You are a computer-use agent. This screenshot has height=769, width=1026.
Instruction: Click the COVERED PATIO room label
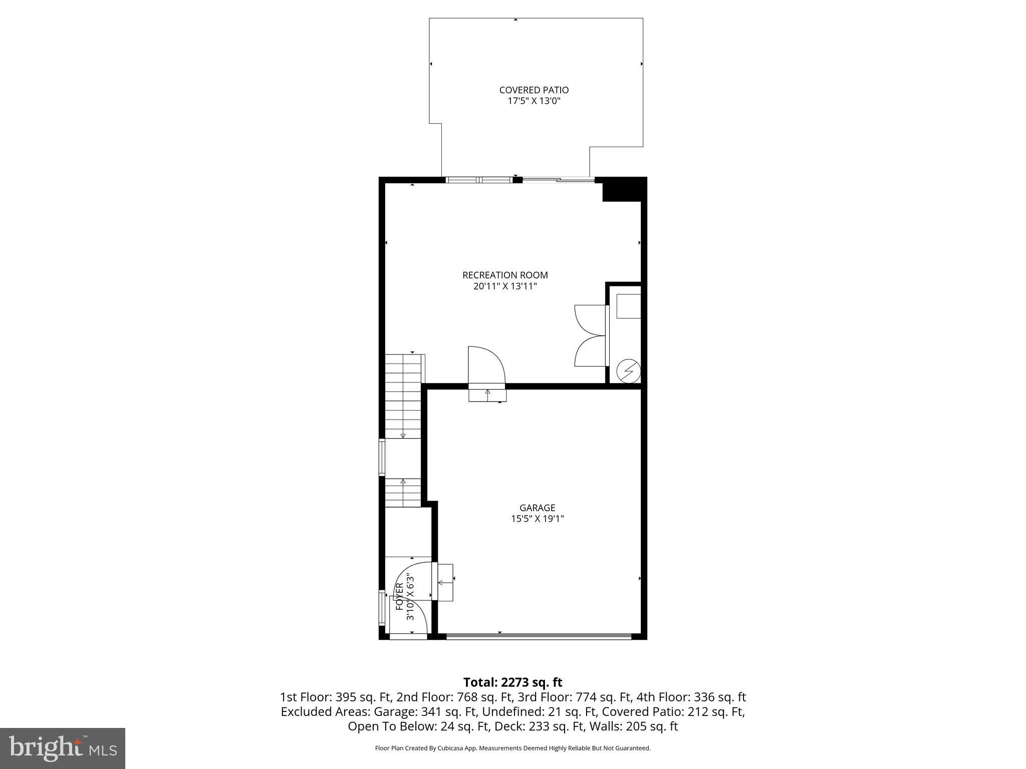point(534,90)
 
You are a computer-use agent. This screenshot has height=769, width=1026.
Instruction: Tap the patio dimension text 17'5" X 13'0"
point(534,101)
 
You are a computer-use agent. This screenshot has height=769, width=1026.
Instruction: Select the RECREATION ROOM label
point(505,275)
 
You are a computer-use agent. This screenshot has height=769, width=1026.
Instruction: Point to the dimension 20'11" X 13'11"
point(505,286)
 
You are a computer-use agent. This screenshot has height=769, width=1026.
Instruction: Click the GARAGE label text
point(537,508)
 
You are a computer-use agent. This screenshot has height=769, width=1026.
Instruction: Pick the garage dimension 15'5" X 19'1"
point(537,519)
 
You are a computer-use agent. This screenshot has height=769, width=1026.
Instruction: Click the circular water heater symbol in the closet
point(628,370)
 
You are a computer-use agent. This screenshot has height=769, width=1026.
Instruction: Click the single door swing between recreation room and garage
point(485,364)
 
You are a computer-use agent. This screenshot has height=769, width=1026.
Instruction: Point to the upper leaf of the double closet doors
point(590,319)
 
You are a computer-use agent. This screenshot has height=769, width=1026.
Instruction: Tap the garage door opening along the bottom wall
point(539,637)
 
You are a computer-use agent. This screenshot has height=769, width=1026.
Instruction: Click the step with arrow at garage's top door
point(487,395)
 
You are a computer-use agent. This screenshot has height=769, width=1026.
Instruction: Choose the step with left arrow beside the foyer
point(445,582)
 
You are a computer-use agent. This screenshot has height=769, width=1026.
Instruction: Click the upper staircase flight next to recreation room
point(403,396)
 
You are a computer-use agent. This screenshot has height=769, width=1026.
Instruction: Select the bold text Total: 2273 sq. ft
point(512,682)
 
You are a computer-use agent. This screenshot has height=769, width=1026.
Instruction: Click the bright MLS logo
point(63,748)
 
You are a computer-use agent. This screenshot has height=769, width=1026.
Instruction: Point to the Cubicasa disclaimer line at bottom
point(512,748)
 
